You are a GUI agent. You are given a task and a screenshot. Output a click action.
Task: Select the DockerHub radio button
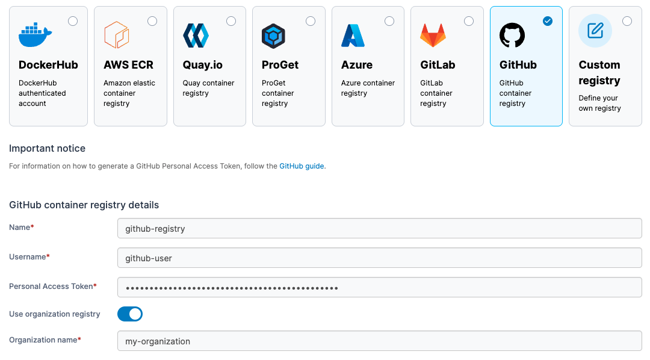(x=73, y=21)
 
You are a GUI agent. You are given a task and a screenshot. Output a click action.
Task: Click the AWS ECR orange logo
(x=117, y=35)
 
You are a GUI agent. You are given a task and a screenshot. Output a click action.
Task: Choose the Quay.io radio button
(x=231, y=21)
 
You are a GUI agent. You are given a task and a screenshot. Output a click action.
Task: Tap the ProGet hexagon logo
(x=273, y=36)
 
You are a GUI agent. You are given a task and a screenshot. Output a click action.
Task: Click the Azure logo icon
(x=353, y=36)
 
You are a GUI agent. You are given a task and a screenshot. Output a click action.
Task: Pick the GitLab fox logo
(x=433, y=36)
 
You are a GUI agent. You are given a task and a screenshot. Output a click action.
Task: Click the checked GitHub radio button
(x=548, y=21)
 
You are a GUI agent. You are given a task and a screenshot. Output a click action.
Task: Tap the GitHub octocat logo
(x=512, y=36)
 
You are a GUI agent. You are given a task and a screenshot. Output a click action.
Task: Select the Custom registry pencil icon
(x=595, y=31)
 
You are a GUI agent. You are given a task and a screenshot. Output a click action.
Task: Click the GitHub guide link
(x=302, y=166)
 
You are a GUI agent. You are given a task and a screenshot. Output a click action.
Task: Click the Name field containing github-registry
(x=379, y=229)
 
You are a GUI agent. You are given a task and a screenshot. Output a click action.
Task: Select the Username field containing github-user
(x=379, y=258)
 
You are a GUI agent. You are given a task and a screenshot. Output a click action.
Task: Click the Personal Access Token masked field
(x=379, y=288)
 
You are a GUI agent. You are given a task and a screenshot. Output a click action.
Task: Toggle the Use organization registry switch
(x=130, y=314)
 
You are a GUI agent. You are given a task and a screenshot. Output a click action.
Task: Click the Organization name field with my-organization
(x=379, y=341)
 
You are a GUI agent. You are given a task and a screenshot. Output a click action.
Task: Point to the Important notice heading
(x=48, y=149)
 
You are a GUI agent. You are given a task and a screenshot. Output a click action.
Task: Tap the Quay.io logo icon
(x=196, y=36)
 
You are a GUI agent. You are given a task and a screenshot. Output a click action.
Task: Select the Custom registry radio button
(x=627, y=21)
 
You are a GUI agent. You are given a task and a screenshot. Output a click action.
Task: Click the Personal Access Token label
(x=51, y=287)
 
